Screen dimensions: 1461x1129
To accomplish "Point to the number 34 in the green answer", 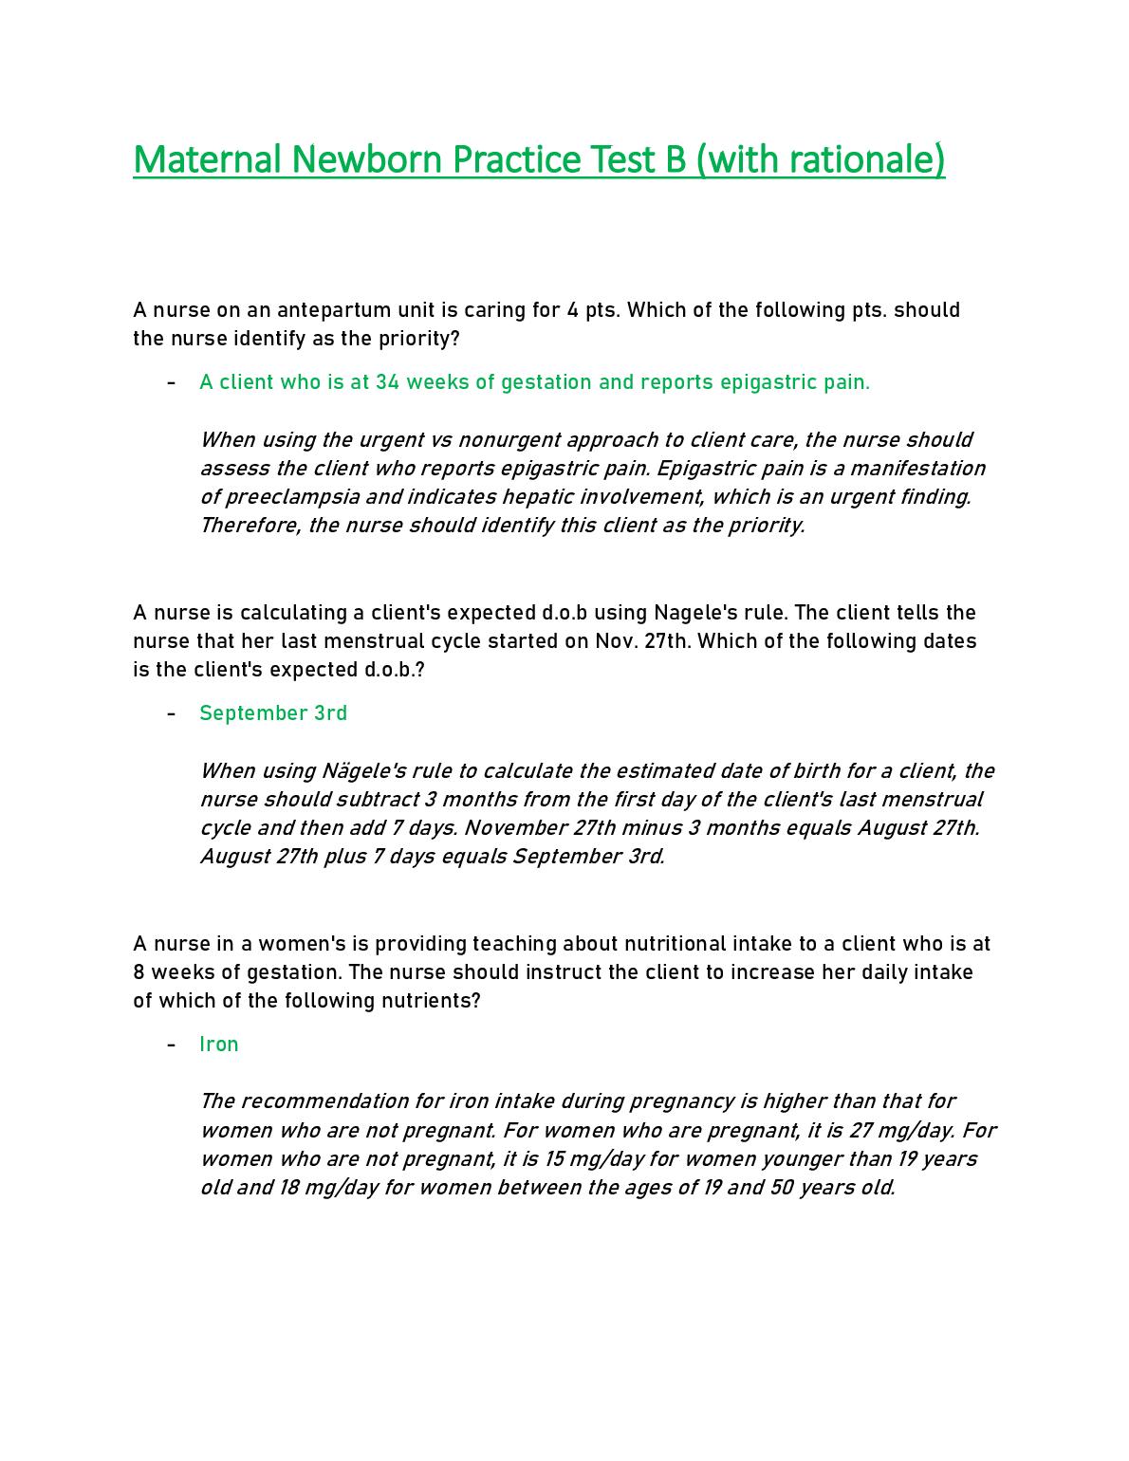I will tap(387, 382).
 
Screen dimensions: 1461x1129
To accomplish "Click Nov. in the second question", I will tap(617, 641).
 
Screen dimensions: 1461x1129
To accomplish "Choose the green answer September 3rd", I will tap(273, 713).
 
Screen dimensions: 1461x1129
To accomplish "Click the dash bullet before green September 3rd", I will tap(171, 713).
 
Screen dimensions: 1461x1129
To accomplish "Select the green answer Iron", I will tap(219, 1045).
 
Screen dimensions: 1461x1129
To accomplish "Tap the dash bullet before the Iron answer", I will tap(171, 1045).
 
